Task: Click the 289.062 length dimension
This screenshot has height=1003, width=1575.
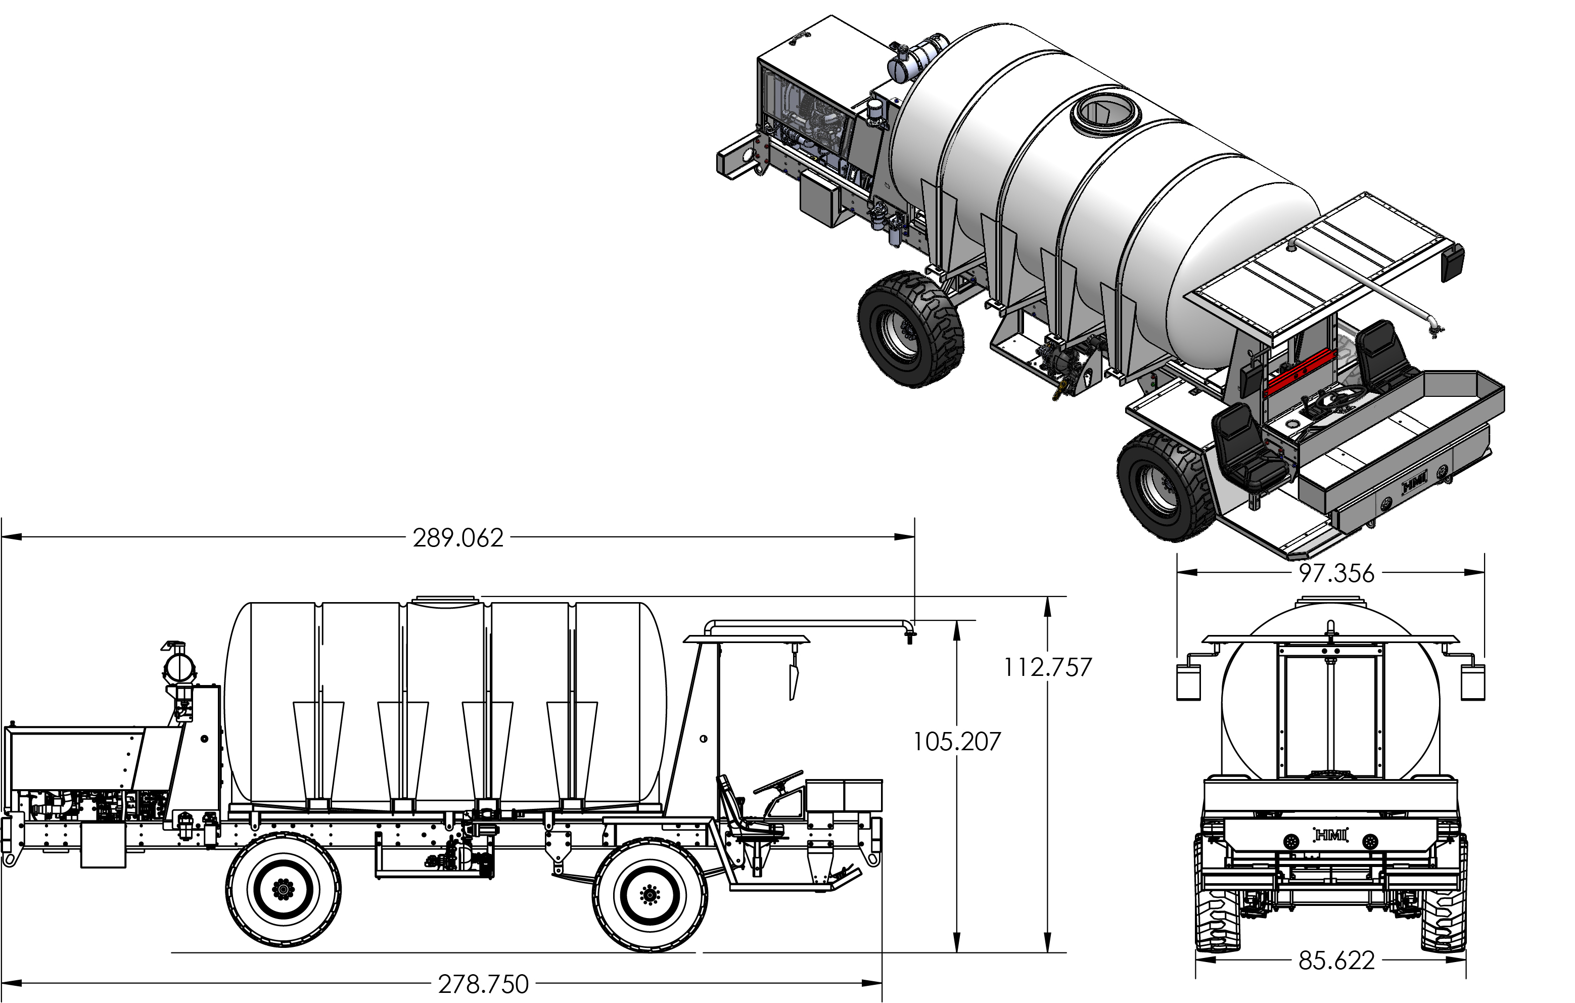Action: pos(458,538)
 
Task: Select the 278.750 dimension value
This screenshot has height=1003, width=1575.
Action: pos(483,984)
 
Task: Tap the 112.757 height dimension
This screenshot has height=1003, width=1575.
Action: pos(1048,667)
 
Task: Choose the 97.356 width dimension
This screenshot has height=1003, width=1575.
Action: pos(1336,574)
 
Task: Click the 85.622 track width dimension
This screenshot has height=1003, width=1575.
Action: pos(1336,961)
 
